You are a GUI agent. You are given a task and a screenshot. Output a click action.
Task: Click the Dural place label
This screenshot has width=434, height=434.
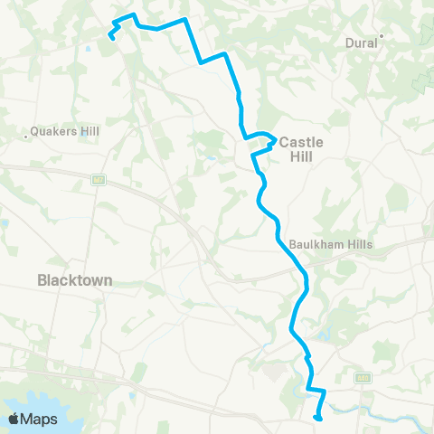tap(362, 42)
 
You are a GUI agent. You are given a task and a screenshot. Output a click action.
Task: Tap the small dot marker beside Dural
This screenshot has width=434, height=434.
tap(382, 36)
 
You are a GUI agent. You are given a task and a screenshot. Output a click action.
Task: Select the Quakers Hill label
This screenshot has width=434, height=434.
tap(64, 131)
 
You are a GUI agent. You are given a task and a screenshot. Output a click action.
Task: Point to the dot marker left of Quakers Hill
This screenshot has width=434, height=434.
tap(26, 137)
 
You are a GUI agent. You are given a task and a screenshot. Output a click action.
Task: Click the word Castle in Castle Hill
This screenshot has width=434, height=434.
tap(301, 142)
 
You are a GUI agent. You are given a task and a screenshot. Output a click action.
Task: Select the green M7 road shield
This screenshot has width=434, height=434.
tap(99, 179)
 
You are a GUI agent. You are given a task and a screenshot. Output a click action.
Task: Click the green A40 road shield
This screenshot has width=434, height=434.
tap(363, 379)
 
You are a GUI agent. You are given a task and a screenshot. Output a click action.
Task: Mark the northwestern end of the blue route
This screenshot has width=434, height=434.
tap(111, 37)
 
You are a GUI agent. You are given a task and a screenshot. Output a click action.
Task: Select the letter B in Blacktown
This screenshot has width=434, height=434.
tap(42, 280)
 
